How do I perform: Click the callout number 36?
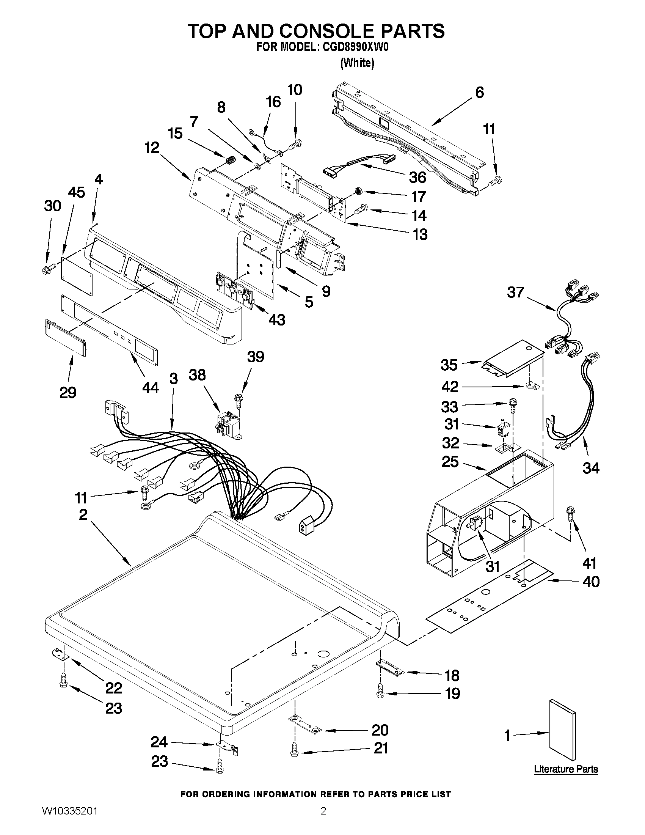[x=417, y=177]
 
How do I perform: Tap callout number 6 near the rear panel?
[x=479, y=93]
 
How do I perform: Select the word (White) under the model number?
[x=357, y=63]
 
